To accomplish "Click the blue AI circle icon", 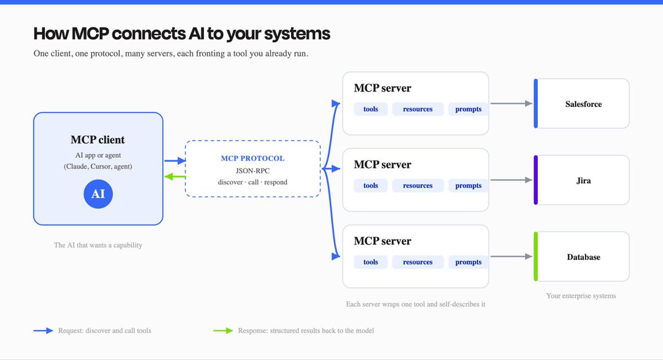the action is coord(98,194).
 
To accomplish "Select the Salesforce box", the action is coord(581,103).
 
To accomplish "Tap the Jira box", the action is coord(581,180).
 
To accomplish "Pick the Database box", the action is coord(581,256).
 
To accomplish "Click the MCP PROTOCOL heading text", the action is coord(252,158).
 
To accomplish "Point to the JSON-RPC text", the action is coord(252,171).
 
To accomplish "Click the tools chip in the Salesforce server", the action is coord(370,109).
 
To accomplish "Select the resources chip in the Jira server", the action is coord(418,186).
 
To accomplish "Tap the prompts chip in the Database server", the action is coord(468,262).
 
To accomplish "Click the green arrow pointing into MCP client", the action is coord(174,176).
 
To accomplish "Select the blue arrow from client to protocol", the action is coord(174,161).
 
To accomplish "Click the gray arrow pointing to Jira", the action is coord(511,180).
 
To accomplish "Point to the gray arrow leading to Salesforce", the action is coord(511,103).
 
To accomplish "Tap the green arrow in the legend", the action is coord(223,331).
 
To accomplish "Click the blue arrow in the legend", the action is coord(43,331).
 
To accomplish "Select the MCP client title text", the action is coord(98,139).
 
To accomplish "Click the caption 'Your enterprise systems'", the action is coord(581,295).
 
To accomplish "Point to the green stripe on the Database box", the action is coord(536,256).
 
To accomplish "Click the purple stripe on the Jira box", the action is coord(536,180).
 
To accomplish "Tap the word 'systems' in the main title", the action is coord(297,34).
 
